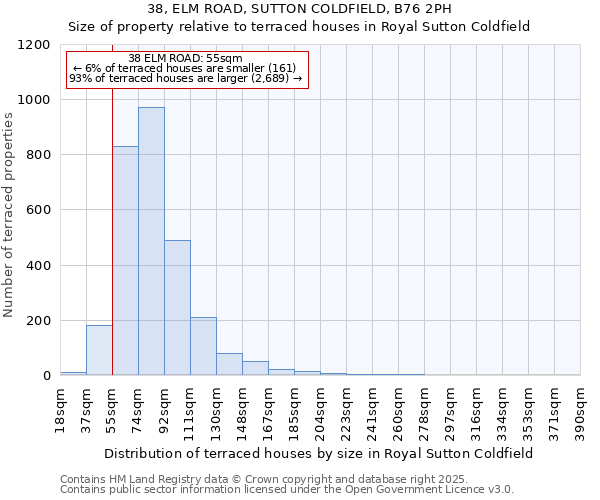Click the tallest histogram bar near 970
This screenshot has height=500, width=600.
tap(151, 241)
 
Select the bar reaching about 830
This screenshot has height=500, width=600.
tap(125, 260)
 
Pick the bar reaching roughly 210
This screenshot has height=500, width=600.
tap(203, 346)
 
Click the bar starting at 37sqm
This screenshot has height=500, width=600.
tap(99, 350)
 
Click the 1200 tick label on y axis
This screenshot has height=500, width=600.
tap(34, 45)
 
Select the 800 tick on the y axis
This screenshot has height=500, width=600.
tap(38, 155)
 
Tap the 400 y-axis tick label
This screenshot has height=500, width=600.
tap(38, 266)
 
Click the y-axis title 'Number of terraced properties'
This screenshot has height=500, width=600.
tap(9, 215)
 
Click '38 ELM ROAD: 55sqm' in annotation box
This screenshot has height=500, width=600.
tap(186, 59)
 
